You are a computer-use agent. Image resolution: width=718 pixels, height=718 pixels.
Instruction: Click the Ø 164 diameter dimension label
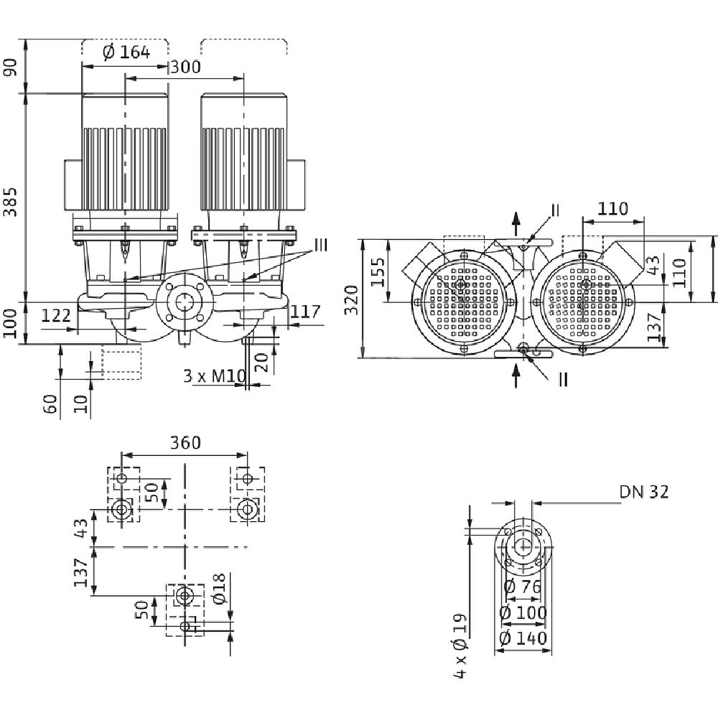pos(126,52)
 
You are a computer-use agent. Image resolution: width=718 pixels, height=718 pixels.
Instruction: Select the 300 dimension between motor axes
pos(185,67)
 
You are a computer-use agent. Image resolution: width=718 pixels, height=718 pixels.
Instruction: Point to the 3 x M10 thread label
pos(213,375)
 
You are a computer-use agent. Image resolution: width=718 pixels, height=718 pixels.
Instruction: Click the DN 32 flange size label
pos(645,492)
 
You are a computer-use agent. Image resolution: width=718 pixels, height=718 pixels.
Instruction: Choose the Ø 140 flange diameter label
pos(522,638)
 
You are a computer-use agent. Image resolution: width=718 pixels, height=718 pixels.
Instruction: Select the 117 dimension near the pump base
pos(306,311)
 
